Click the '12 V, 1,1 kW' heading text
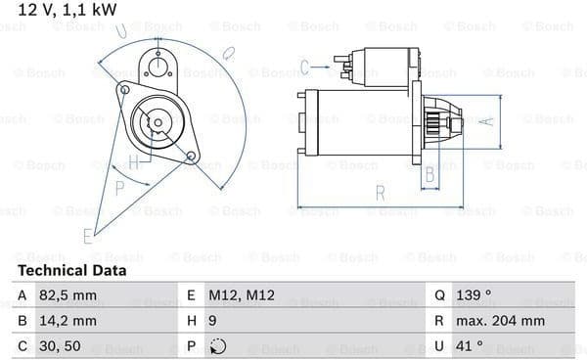tap(68, 10)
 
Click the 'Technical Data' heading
tap(72, 271)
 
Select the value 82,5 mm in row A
tap(68, 295)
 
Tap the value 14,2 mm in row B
tap(68, 321)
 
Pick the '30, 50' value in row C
tap(60, 346)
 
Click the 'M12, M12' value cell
tap(242, 295)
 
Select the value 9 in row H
tap(212, 321)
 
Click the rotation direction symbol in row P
tap(217, 346)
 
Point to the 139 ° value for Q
tap(474, 295)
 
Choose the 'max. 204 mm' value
tap(500, 321)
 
